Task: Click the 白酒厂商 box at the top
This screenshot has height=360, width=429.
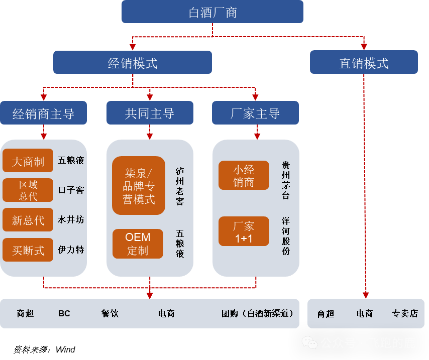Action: tap(212, 12)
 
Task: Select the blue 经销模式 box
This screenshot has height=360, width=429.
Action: tap(133, 63)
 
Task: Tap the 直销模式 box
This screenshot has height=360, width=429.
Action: tap(364, 63)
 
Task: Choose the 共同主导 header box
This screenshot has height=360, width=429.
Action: tap(150, 113)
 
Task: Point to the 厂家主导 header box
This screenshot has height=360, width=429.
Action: tap(255, 113)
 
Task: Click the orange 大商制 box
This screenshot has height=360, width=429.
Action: tap(28, 161)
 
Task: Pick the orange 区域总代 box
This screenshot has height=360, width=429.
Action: tap(28, 190)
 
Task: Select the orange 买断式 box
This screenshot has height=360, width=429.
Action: tap(28, 250)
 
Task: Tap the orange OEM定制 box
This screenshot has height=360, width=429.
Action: tap(138, 244)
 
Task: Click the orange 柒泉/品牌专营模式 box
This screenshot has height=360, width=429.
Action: tap(139, 186)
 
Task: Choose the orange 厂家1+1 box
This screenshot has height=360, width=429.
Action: tap(244, 231)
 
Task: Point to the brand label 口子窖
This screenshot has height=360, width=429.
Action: tap(71, 190)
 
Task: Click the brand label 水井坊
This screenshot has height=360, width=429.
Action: tap(71, 219)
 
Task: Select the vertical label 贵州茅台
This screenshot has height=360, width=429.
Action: tap(286, 180)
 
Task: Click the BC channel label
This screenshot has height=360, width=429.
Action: tap(64, 313)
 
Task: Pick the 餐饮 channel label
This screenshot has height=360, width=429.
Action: tap(110, 313)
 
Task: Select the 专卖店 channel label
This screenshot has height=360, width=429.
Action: tap(405, 313)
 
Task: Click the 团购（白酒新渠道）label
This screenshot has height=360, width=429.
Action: tap(257, 313)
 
